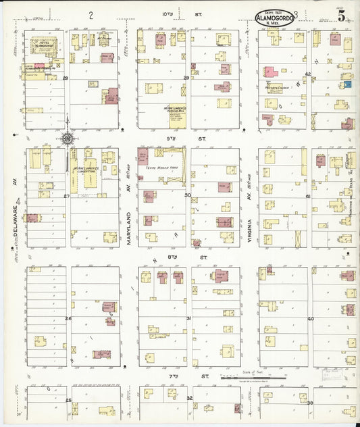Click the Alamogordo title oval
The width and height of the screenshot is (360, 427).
275,18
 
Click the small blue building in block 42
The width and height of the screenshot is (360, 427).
347,84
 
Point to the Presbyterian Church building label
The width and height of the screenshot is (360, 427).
278,89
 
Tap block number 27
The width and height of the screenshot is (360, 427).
67,196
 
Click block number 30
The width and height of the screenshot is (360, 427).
188,196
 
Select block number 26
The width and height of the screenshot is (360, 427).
68,318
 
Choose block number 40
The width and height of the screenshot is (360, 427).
310,318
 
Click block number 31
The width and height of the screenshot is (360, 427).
188,318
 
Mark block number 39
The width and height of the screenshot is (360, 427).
310,402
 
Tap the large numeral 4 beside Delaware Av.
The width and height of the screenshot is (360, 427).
19,201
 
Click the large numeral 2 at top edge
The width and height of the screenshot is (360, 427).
91,14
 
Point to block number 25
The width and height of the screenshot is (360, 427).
68,400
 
